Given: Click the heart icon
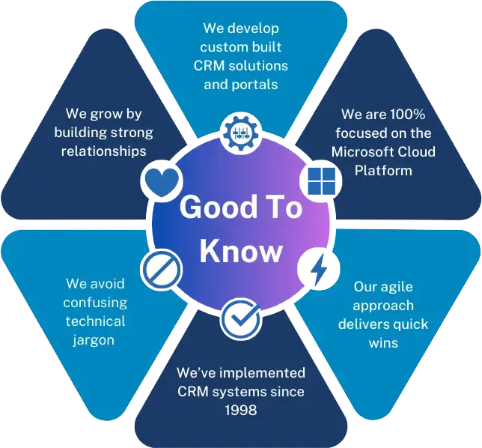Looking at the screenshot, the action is tap(162, 182).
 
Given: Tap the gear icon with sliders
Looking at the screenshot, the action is tap(241, 133).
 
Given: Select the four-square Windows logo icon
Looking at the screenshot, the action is tap(322, 181).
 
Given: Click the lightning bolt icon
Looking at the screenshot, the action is tap(319, 269).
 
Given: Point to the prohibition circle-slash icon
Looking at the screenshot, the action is tap(162, 270).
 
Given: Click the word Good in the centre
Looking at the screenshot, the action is tap(219, 208).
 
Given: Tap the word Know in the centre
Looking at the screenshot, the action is tap(241, 251).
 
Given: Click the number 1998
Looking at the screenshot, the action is tap(241, 410).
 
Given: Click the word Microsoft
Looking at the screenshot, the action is tap(363, 151).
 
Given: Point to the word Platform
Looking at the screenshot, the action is tap(383, 171).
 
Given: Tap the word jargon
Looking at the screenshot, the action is tap(94, 341).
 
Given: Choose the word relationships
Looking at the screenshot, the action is tap(103, 151).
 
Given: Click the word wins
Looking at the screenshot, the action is tap(383, 343).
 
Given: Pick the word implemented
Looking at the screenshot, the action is tap(262, 373).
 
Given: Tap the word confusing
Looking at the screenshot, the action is tap(95, 303).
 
